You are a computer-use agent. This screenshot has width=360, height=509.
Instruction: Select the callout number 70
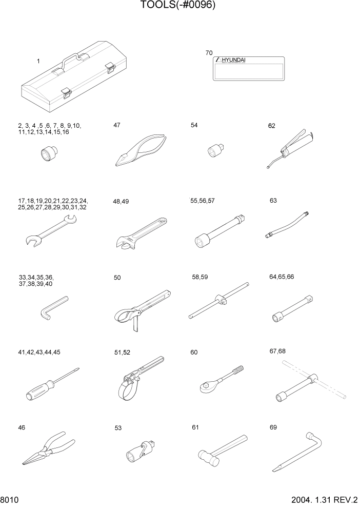coord(208,53)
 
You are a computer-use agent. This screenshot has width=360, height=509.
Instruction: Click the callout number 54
coord(194,125)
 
